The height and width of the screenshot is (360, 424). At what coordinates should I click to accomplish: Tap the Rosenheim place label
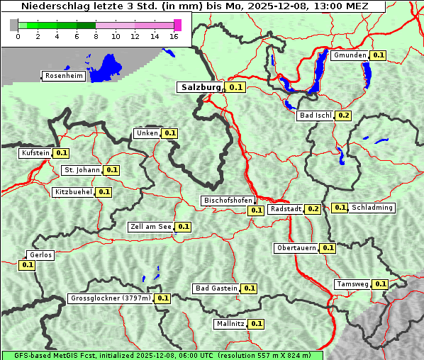click(64, 75)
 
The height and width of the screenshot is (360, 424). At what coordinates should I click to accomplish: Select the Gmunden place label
click(350, 55)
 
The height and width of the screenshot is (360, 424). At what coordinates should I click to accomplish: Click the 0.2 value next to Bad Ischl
click(344, 116)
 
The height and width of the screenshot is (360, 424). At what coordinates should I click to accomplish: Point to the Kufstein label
click(35, 153)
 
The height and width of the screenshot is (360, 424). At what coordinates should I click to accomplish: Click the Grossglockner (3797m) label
click(111, 298)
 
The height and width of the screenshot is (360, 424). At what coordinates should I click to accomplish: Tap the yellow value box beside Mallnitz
click(257, 324)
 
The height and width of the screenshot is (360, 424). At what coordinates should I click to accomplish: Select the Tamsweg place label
click(352, 284)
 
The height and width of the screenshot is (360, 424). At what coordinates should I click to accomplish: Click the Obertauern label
click(296, 248)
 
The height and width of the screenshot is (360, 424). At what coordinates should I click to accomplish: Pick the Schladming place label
click(372, 208)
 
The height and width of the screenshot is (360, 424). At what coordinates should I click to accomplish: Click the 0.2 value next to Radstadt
click(313, 209)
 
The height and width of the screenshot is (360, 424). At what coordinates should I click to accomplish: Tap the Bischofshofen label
click(228, 201)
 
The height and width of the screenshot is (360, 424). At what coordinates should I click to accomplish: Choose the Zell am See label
click(150, 227)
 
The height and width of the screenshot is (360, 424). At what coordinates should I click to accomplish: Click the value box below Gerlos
click(27, 265)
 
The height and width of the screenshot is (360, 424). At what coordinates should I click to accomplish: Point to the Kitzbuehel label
click(74, 192)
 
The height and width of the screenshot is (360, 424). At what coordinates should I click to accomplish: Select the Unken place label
click(147, 133)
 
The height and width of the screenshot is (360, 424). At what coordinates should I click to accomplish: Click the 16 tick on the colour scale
click(174, 36)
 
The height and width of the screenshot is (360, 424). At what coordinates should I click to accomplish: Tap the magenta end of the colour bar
click(177, 25)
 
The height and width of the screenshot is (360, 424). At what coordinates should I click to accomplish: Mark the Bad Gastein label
click(216, 288)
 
